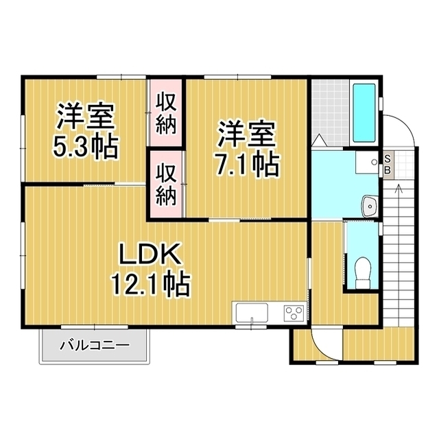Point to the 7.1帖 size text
[248, 164]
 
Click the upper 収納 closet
[165, 113]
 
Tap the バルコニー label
[94, 346]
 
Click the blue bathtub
[364, 113]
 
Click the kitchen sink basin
[252, 315]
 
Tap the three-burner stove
[294, 314]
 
